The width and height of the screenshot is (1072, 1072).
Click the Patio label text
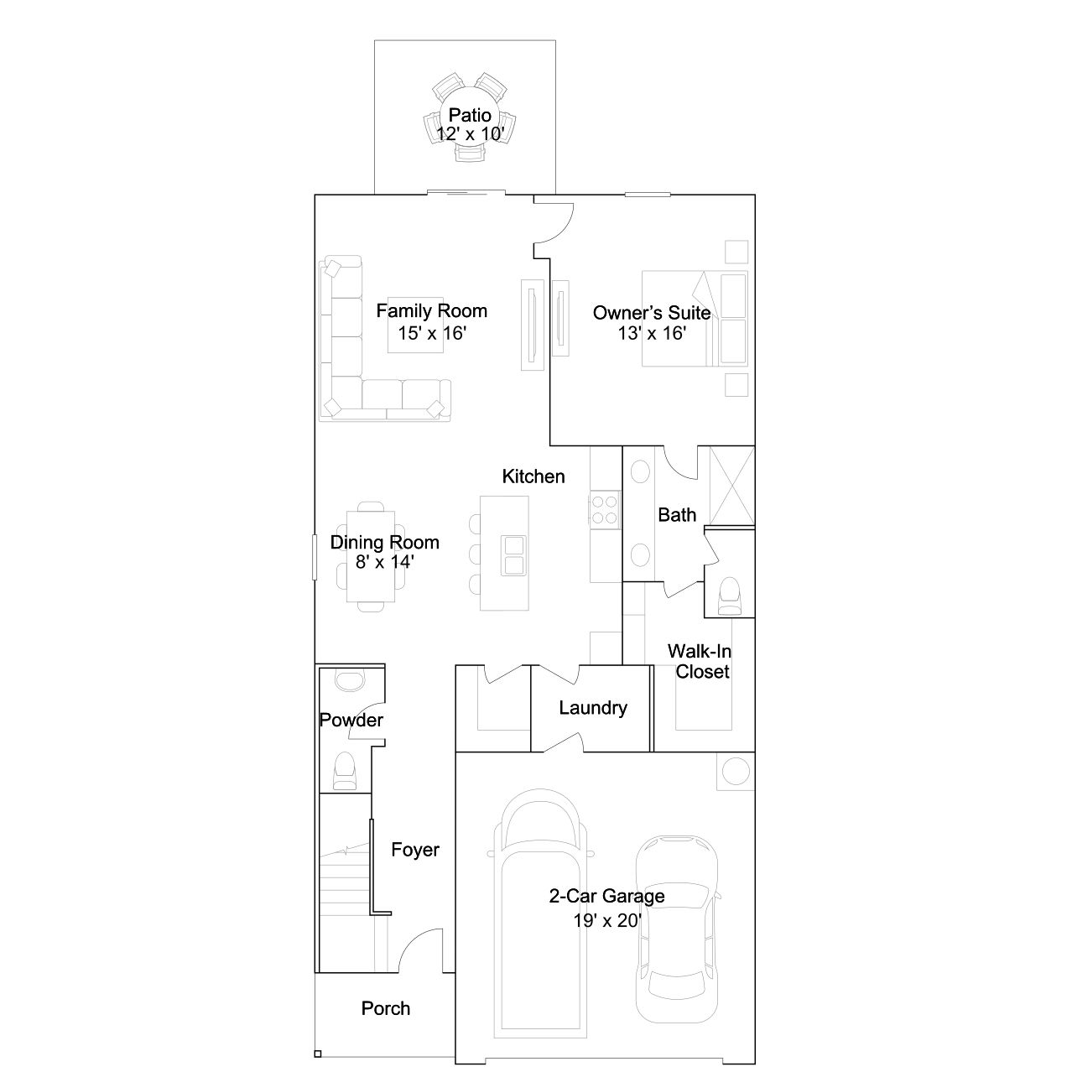pos(470,115)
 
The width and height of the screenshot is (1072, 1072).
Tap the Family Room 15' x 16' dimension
pos(432,333)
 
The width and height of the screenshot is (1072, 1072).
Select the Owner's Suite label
pos(652,313)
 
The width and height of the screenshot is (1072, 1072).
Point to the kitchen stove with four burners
pos(605,509)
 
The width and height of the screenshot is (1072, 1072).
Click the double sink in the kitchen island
pos(513,555)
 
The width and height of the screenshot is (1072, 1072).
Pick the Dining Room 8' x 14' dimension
pos(384,562)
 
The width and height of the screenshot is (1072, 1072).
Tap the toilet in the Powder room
pos(344,771)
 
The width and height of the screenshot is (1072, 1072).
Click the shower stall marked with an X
pos(732,486)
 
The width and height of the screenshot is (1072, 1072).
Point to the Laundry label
pos(593,708)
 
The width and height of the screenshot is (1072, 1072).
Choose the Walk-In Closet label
pos(700,662)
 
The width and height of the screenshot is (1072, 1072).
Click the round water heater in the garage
pos(736,772)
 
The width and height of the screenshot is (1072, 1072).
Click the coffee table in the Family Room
pos(415,325)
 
